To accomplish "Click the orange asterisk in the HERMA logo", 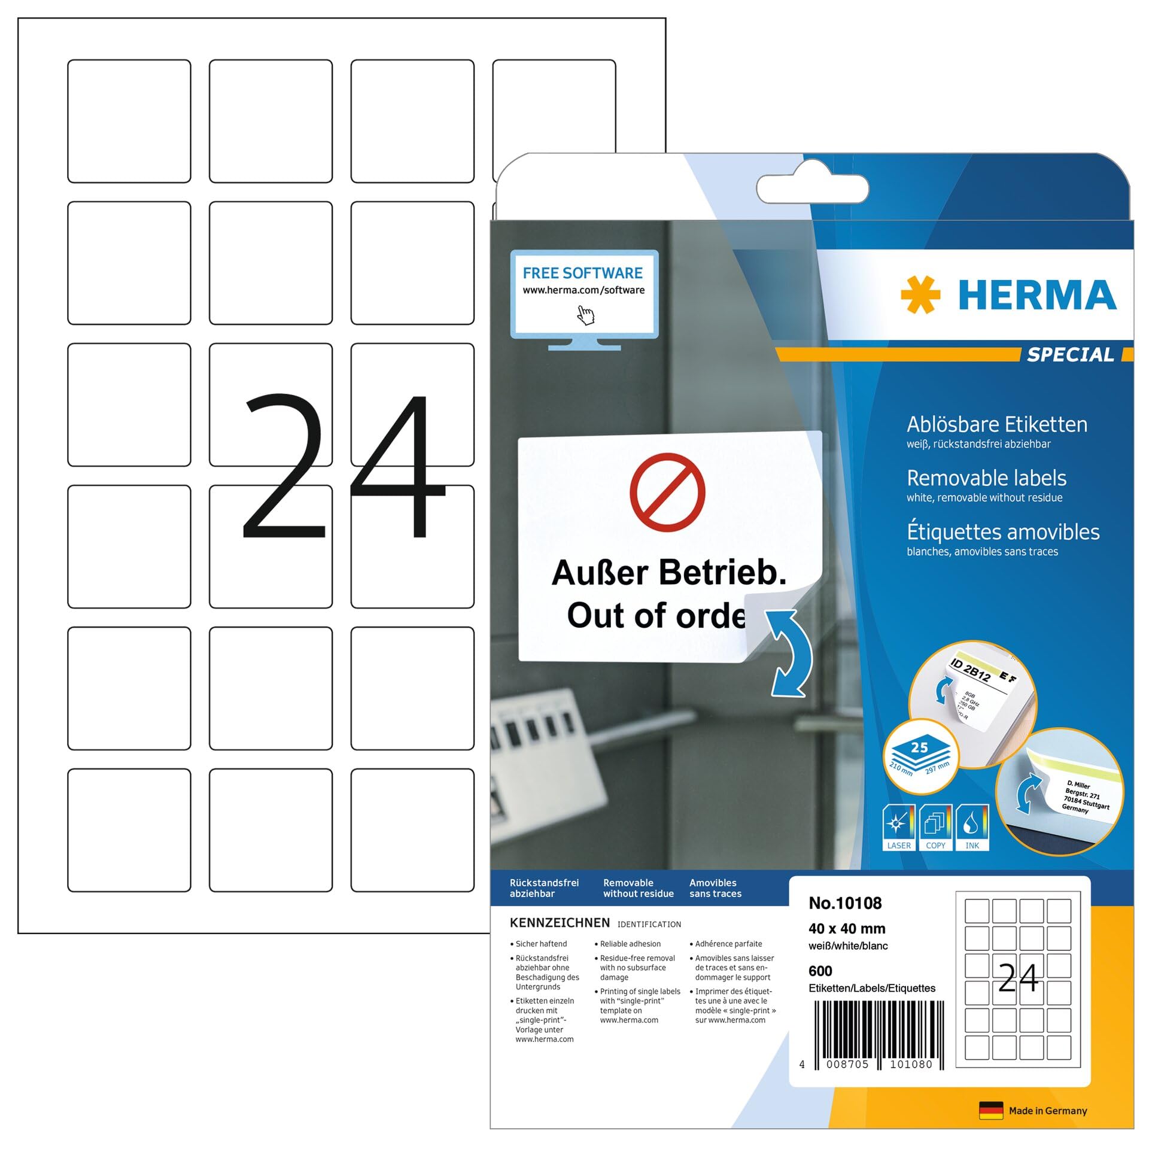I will point(920,294).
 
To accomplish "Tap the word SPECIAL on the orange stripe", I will point(1071,355).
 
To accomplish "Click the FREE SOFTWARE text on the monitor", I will point(582,273).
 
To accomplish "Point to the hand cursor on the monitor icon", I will point(585,315).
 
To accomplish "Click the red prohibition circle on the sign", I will point(667,492).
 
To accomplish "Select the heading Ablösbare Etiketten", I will point(996,424).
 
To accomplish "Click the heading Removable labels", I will point(986,478).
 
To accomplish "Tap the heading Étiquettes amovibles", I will point(1003,532).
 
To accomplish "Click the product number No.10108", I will point(845,903).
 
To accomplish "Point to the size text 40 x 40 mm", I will point(847,929).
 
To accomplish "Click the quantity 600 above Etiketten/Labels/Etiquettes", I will point(820,971).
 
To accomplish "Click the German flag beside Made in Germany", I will point(991,1111).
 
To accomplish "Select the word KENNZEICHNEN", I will point(560,923).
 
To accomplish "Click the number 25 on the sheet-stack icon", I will point(919,747).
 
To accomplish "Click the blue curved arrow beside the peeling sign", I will point(791,653).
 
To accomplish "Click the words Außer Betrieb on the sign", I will point(668,573).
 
